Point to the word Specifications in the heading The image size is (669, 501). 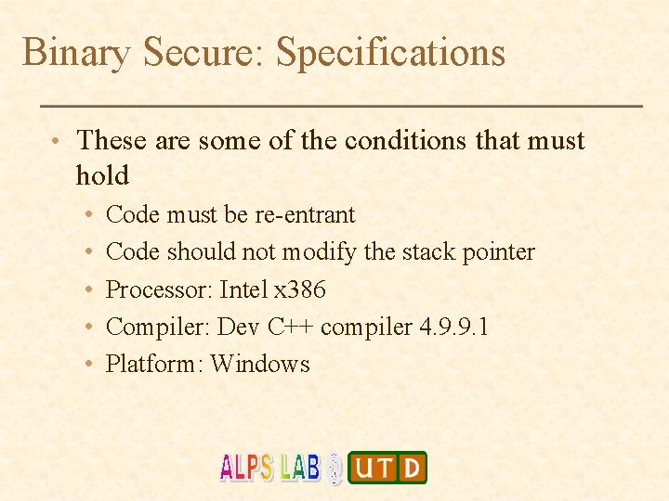(x=390, y=53)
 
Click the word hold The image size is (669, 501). (x=102, y=174)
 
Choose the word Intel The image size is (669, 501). (x=243, y=289)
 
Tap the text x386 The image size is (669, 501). (x=300, y=289)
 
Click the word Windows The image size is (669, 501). (x=260, y=364)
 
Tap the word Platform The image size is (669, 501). (x=152, y=364)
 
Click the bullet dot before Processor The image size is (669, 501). (x=85, y=290)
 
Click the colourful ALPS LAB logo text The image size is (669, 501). (x=269, y=467)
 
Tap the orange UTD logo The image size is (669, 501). (x=387, y=468)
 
